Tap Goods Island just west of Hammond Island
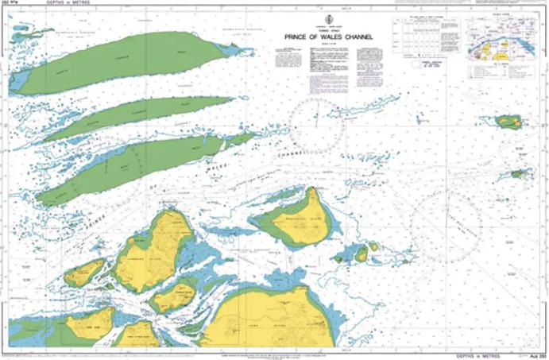point(83,273)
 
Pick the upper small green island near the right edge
point(507,122)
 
